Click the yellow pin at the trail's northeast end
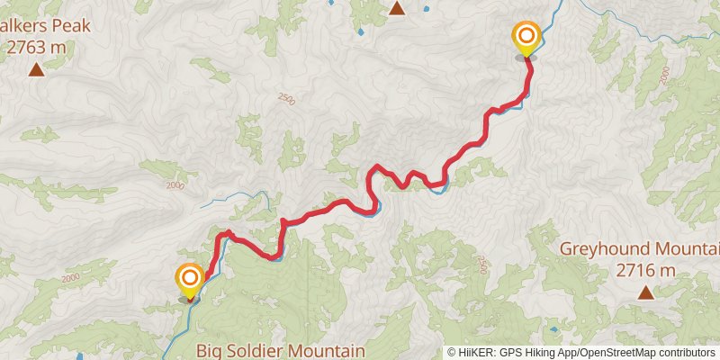pos(526,38)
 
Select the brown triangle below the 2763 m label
pos(36,69)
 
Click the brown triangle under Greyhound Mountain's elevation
pos(645,292)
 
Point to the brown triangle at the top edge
pos(396,9)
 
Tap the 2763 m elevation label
pos(36,49)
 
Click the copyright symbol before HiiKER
pos(452,353)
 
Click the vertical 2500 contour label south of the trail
pos(481,265)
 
